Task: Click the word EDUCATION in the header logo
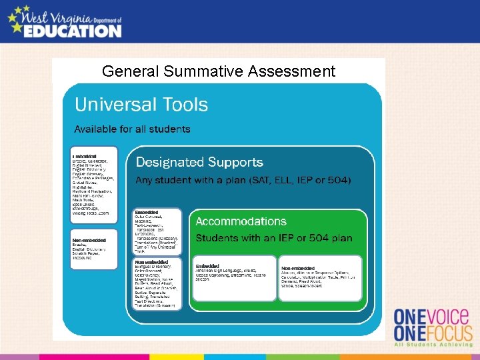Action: pos(73,31)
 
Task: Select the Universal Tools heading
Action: pos(141,105)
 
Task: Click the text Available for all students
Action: pos(132,129)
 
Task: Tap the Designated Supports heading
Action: pos(199,162)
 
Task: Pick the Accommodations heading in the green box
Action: pos(241,221)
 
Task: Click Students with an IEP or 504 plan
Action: pos(273,238)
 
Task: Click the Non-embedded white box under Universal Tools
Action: pos(93,248)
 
